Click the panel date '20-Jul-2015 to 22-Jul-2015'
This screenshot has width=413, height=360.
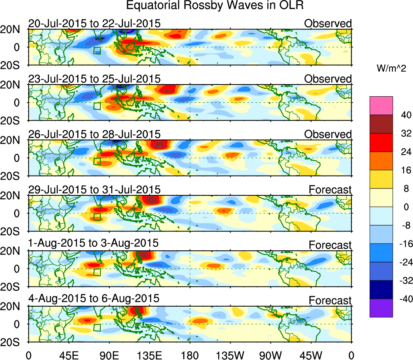(x=94, y=23)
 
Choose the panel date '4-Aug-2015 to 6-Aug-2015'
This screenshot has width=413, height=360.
(x=94, y=299)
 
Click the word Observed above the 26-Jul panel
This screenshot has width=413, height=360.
(x=328, y=134)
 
